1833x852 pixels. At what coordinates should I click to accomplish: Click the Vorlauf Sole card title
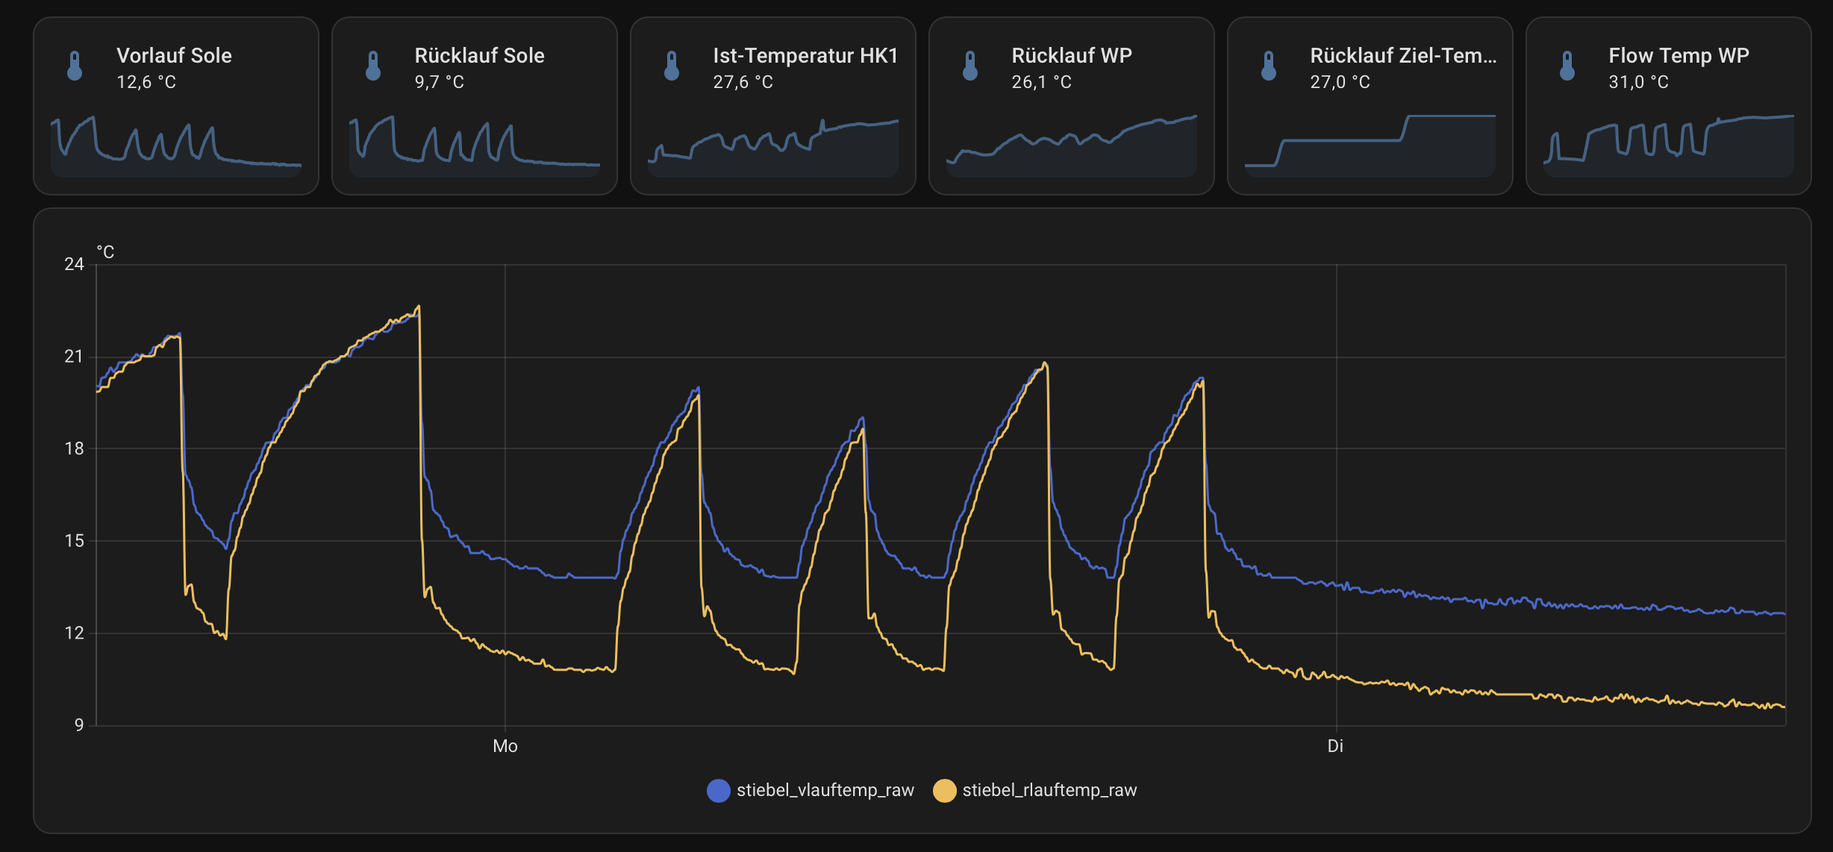click(x=174, y=56)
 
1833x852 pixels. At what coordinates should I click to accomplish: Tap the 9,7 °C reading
click(x=439, y=82)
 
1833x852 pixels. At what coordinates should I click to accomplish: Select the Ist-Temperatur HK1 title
click(x=805, y=56)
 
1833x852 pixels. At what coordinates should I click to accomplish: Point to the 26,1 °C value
click(x=1041, y=82)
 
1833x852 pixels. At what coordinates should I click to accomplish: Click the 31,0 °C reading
click(x=1638, y=82)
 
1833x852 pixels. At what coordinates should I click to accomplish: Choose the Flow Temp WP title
click(x=1679, y=56)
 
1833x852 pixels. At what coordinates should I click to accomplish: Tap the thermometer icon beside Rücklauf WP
click(x=970, y=66)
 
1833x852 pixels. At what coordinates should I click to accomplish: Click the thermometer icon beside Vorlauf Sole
click(x=75, y=66)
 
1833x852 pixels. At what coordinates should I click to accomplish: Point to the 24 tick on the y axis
click(x=74, y=264)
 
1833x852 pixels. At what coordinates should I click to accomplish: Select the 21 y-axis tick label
click(x=74, y=357)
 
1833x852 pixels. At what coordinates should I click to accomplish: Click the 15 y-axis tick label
click(x=74, y=541)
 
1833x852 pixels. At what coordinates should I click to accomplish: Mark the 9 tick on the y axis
click(x=78, y=725)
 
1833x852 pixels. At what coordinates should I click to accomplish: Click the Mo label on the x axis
click(x=505, y=746)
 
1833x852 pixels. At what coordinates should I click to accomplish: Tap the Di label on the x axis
click(x=1335, y=746)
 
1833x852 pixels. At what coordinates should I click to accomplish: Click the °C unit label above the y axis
click(x=105, y=252)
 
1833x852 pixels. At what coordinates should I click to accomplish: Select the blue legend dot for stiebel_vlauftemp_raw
click(x=718, y=790)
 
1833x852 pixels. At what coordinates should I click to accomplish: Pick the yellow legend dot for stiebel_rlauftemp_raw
click(x=944, y=790)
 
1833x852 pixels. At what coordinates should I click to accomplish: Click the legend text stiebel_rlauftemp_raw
click(x=1049, y=790)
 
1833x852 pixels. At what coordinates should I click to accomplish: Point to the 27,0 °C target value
click(x=1340, y=82)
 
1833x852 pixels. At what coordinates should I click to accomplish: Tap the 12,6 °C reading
click(x=146, y=82)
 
